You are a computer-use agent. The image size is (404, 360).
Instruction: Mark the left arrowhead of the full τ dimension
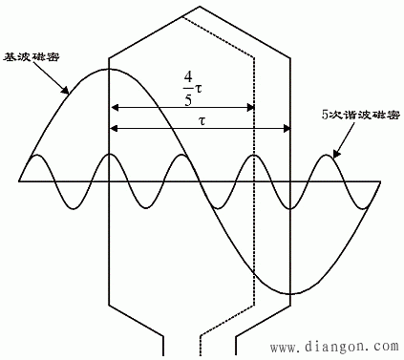click(x=115, y=128)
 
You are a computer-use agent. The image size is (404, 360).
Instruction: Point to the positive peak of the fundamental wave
click(x=111, y=69)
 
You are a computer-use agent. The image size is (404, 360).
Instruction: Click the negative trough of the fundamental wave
click(x=288, y=292)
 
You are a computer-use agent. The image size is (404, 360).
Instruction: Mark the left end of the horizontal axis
click(x=20, y=180)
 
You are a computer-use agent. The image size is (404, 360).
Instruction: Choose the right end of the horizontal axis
click(x=381, y=180)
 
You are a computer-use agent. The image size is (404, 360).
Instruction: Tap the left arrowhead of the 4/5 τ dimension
click(x=115, y=106)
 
